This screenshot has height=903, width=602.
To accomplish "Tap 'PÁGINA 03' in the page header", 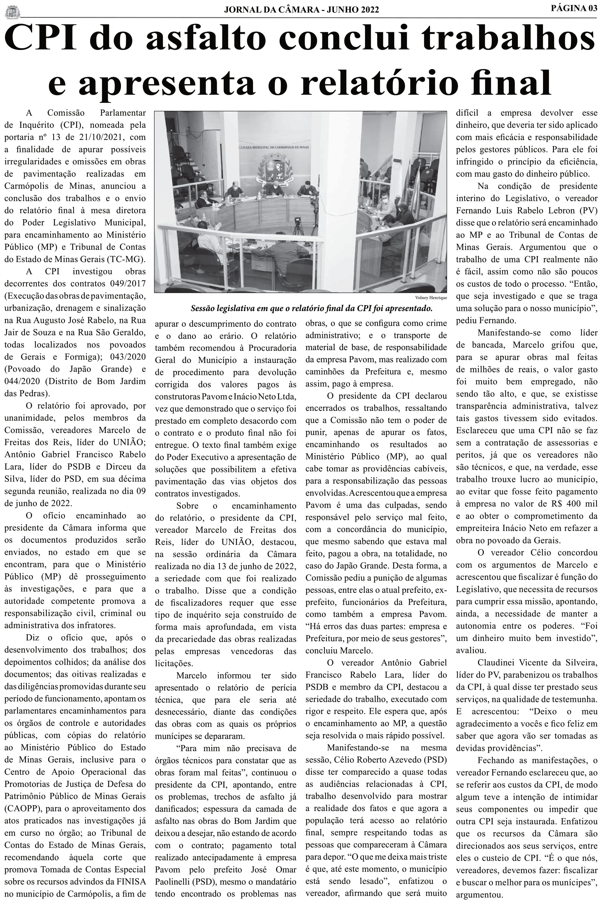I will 574,8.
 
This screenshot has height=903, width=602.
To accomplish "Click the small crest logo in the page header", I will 12,11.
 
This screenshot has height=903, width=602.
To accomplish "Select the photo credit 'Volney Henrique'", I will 431,298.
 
